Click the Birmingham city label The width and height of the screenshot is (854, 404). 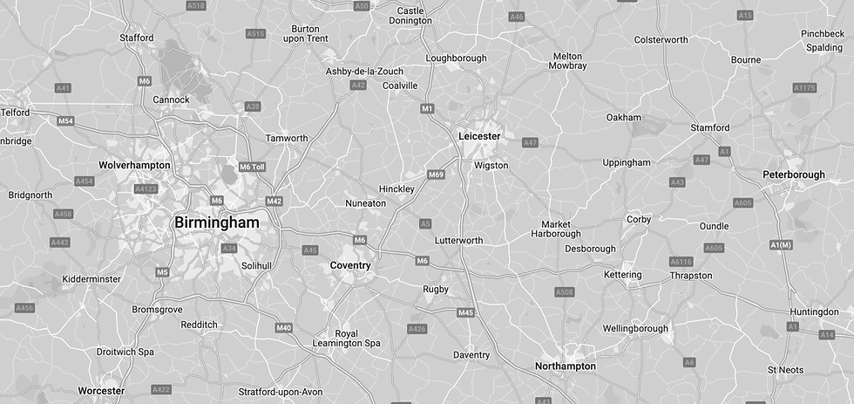pyautogui.click(x=217, y=223)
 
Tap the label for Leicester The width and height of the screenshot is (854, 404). pyautogui.click(x=479, y=136)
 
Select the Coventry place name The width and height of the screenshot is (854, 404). pyautogui.click(x=350, y=265)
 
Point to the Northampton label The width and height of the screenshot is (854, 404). pyautogui.click(x=566, y=366)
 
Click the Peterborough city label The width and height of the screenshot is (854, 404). pyautogui.click(x=793, y=175)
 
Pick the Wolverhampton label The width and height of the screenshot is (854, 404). pyautogui.click(x=134, y=165)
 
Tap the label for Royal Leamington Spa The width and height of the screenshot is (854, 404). pyautogui.click(x=346, y=339)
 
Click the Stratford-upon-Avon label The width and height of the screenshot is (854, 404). pyautogui.click(x=281, y=392)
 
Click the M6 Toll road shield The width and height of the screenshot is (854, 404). pyautogui.click(x=251, y=167)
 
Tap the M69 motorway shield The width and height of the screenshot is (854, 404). pyautogui.click(x=437, y=175)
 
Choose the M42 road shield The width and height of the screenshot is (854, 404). pyautogui.click(x=274, y=202)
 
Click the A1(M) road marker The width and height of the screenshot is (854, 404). pyautogui.click(x=782, y=245)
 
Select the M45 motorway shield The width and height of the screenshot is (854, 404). pyautogui.click(x=465, y=312)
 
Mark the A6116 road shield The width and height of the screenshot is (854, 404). pyautogui.click(x=681, y=262)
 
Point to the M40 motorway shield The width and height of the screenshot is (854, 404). pyautogui.click(x=283, y=327)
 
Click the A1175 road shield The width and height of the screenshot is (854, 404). pyautogui.click(x=804, y=88)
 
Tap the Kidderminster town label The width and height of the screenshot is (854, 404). pyautogui.click(x=91, y=279)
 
